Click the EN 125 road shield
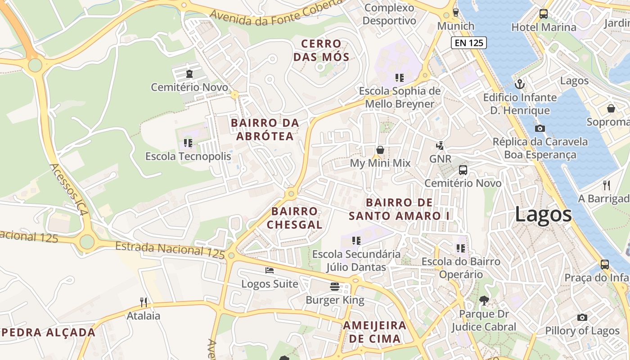(x=468, y=43)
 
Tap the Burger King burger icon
(x=334, y=287)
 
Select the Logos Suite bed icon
(x=270, y=270)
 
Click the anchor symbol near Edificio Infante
(x=520, y=84)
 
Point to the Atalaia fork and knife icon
(x=144, y=302)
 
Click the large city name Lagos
(x=543, y=214)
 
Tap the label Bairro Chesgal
(x=295, y=218)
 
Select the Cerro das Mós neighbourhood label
(x=321, y=50)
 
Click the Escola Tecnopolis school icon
(x=188, y=143)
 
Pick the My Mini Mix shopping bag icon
(x=380, y=150)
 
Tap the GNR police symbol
(x=440, y=145)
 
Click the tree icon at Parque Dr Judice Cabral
(x=484, y=300)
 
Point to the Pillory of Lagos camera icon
(x=582, y=317)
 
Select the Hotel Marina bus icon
(x=544, y=14)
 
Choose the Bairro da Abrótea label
(x=265, y=129)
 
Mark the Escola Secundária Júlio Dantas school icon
(x=356, y=241)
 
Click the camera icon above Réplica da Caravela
(x=540, y=128)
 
